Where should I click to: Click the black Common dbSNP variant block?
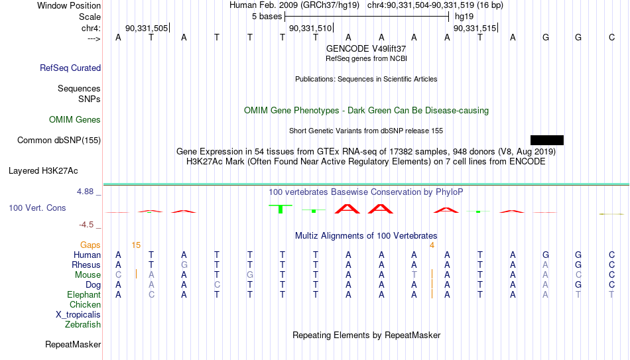(547, 141)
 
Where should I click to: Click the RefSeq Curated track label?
(70, 68)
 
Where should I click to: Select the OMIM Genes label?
(75, 120)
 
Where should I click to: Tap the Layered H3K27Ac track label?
(43, 171)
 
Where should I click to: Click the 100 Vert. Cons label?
(37, 208)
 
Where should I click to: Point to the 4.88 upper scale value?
(85, 192)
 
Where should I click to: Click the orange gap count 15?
(136, 245)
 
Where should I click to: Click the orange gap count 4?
(432, 245)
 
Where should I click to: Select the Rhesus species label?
(86, 265)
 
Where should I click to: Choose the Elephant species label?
(84, 295)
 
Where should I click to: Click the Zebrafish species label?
(83, 325)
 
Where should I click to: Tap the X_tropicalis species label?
(78, 315)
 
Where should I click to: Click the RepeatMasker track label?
(73, 344)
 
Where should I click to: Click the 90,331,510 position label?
(310, 28)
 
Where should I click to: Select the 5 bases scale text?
(267, 17)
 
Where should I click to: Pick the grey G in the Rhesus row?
(184, 265)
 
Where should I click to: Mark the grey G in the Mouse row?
(250, 275)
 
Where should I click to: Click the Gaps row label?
(90, 245)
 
